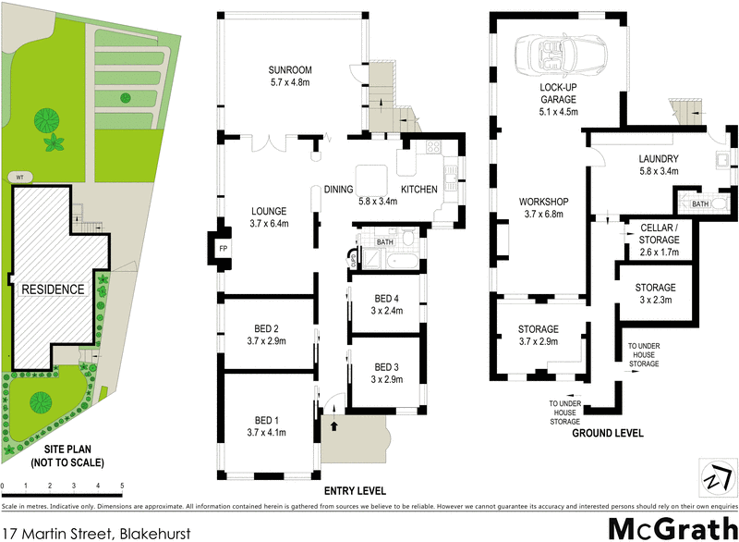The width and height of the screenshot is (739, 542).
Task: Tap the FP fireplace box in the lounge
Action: tap(223, 249)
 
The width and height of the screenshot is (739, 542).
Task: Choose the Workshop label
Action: tap(542, 202)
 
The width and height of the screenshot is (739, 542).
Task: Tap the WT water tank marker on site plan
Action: tap(18, 176)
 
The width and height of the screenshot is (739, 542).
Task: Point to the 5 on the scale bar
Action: tap(122, 485)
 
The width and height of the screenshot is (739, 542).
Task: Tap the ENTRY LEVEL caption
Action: tap(356, 490)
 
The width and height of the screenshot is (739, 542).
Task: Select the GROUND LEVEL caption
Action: tap(607, 433)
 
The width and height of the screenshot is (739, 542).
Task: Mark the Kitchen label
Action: tap(418, 190)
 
